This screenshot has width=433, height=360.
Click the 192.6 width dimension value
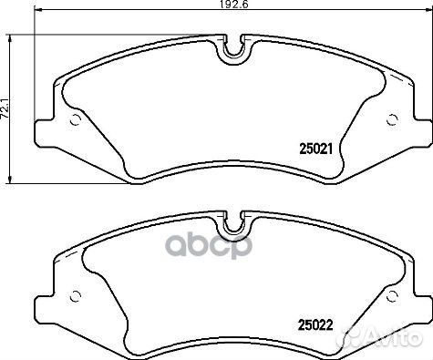click(x=214, y=5)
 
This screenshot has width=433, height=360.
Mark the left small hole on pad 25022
click(x=75, y=293)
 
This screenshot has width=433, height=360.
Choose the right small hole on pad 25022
click(x=393, y=293)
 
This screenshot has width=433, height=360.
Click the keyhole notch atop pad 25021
click(x=234, y=47)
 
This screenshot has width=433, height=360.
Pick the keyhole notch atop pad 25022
click(x=234, y=223)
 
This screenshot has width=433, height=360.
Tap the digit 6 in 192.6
click(x=223, y=5)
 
